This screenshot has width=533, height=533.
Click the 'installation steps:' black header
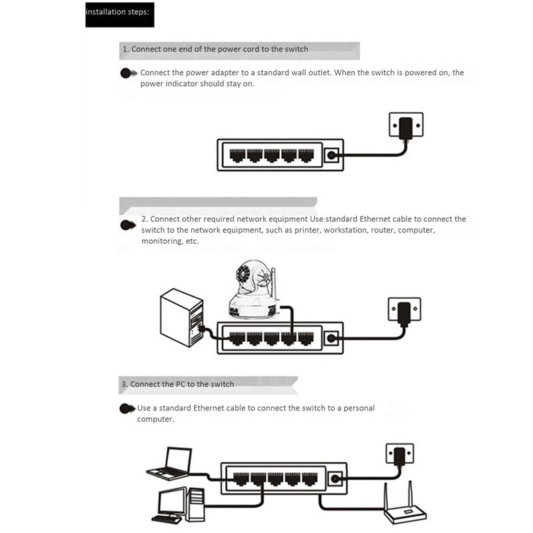point(120,13)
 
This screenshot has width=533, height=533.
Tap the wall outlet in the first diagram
point(406,125)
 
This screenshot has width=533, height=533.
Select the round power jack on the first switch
point(331,156)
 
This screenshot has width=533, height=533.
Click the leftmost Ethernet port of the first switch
point(237,156)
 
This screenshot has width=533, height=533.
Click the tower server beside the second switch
point(181,316)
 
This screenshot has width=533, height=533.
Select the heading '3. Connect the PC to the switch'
point(178,384)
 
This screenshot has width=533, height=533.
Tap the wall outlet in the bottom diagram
point(399,455)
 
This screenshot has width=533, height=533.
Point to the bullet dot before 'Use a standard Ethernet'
point(125,408)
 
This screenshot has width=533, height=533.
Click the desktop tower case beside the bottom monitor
point(196,504)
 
